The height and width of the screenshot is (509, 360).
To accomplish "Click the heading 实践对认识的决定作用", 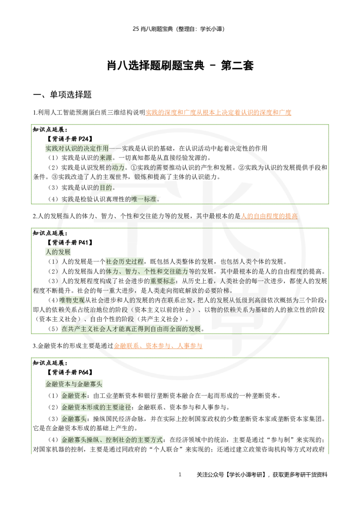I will point(77,148).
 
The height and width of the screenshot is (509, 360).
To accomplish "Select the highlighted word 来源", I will point(106,158).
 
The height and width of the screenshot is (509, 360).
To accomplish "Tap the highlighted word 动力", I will point(118,167).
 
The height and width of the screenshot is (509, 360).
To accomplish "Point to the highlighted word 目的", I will point(106,188).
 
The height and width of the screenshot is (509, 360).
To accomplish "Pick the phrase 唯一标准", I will point(144,199).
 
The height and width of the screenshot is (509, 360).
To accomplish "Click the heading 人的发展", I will point(58,252).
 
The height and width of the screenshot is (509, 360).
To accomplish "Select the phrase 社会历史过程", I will point(125,261).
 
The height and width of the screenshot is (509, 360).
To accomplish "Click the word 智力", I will point(131,272).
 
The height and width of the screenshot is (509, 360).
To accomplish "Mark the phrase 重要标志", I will point(162,281).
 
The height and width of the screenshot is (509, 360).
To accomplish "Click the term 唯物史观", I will point(72,300).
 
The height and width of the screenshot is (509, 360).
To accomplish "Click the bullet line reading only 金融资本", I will point(74,396).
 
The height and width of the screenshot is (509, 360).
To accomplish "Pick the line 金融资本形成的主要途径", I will point(96,407).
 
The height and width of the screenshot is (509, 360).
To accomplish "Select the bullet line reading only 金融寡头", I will point(74,419).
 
